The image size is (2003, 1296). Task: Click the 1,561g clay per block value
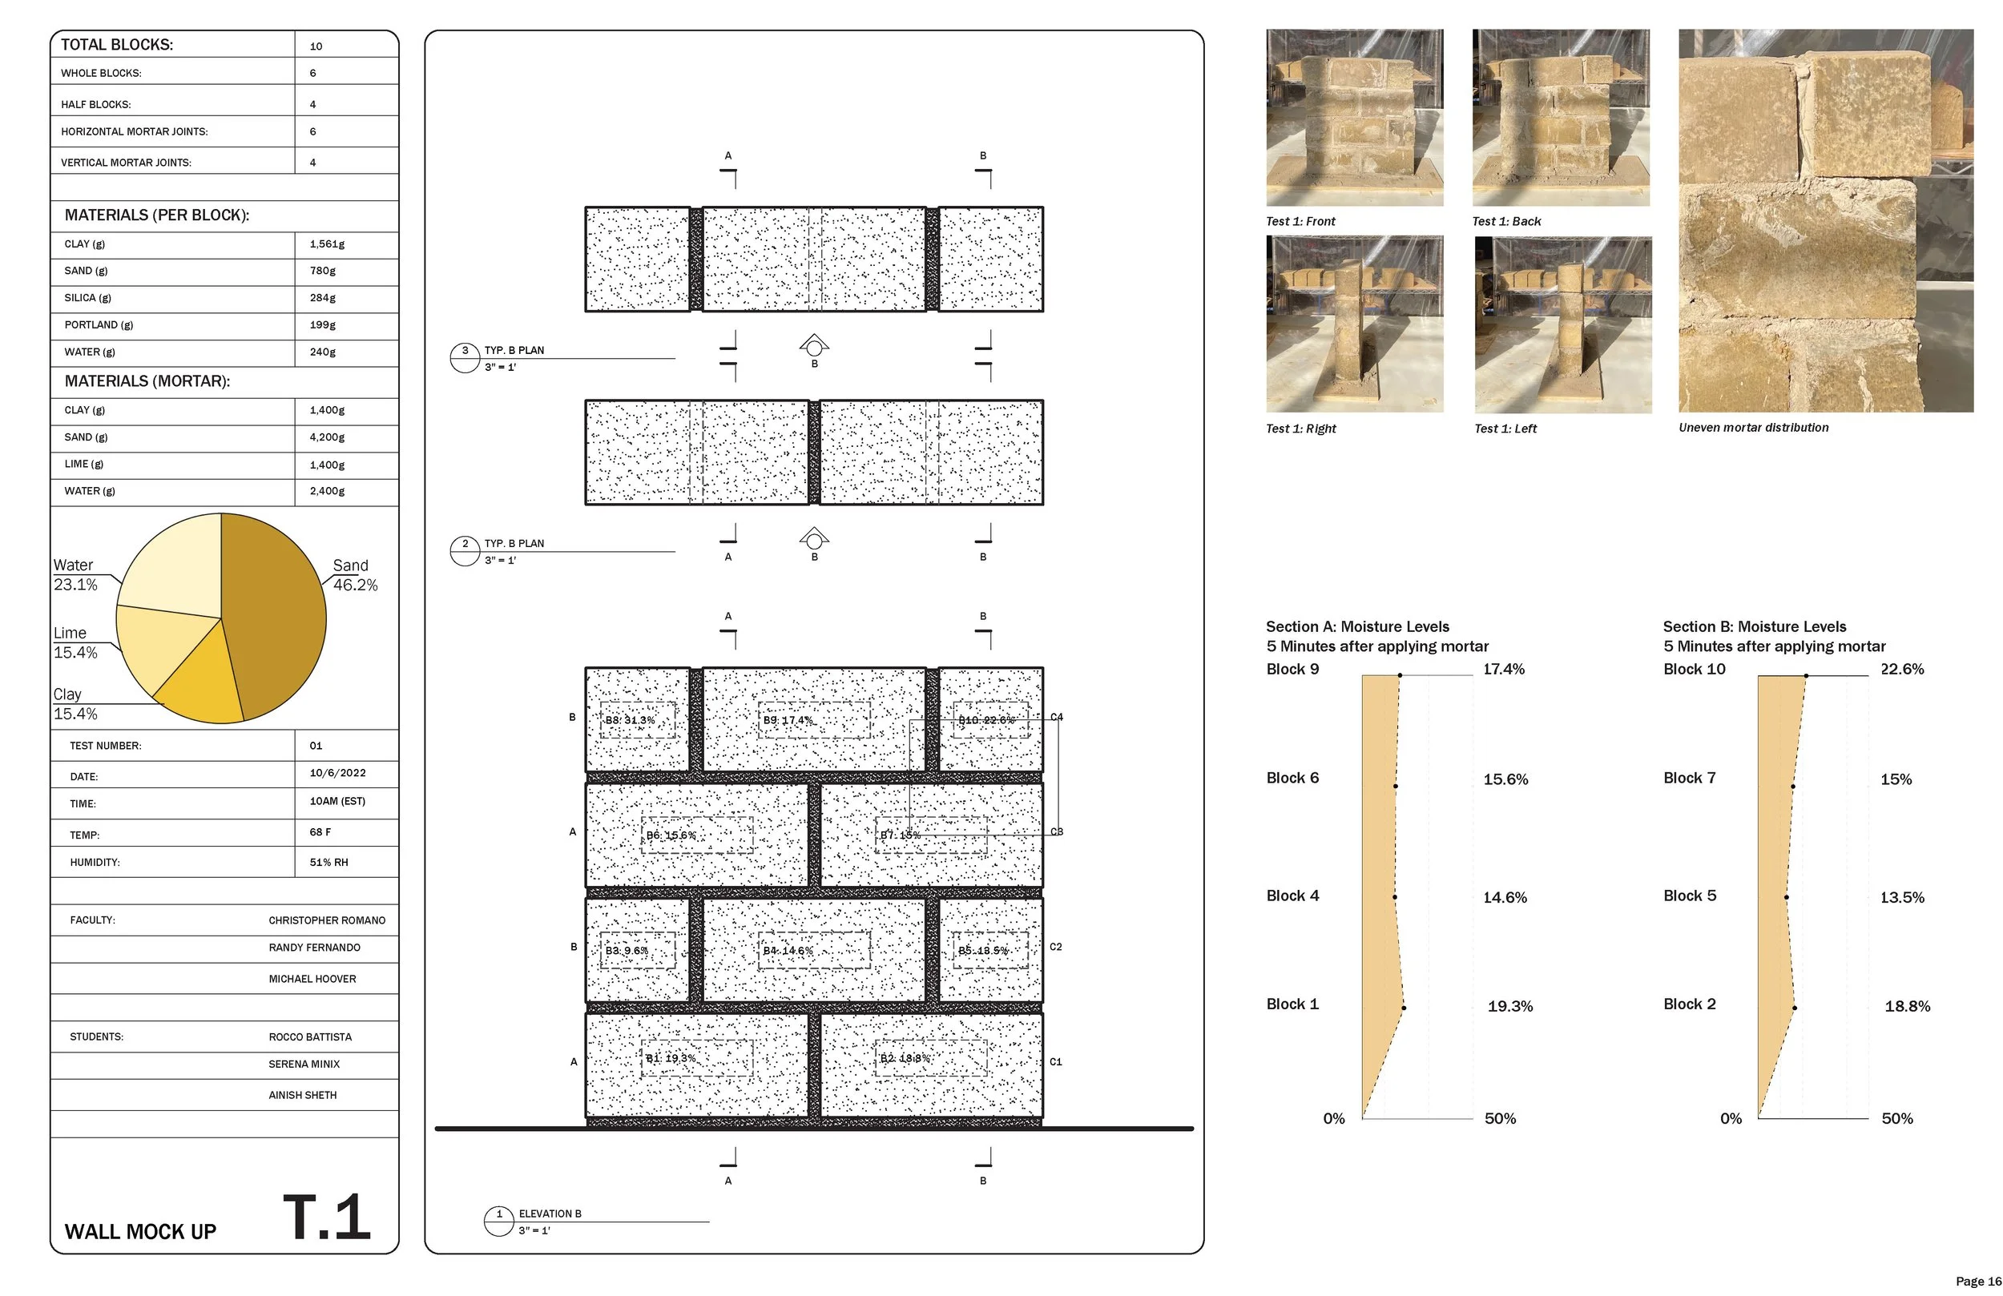(328, 244)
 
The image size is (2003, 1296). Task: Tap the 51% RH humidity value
(328, 862)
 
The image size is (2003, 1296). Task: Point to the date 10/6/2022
(337, 772)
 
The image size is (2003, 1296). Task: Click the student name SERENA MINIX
(304, 1064)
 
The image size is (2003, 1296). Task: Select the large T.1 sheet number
(327, 1217)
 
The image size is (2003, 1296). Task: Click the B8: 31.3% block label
(630, 720)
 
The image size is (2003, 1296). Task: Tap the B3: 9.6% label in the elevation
(627, 950)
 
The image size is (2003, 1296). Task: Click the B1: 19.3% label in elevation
(671, 1058)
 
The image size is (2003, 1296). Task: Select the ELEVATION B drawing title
(550, 1213)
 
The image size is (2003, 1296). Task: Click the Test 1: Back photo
(1560, 118)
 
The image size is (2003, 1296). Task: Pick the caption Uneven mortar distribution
(1753, 428)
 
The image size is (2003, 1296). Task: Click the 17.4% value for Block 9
(1503, 669)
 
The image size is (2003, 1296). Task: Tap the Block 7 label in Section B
(1689, 778)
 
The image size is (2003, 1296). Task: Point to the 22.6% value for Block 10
(1902, 669)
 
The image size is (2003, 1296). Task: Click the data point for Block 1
(1404, 1008)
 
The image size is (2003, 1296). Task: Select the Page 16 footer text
(1977, 1281)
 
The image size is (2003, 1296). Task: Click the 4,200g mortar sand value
(327, 437)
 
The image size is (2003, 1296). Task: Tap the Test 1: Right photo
(1354, 324)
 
